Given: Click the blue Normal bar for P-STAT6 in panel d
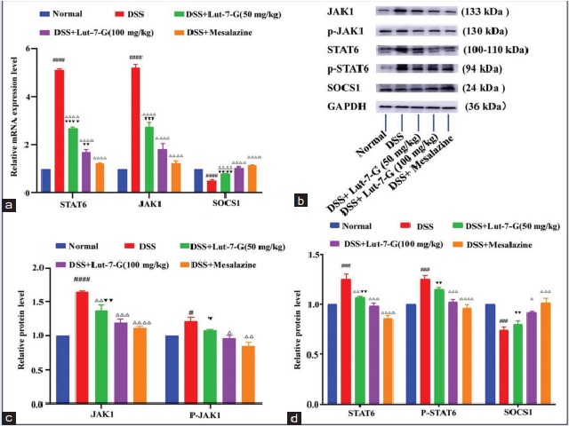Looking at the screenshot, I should click(411, 355).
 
